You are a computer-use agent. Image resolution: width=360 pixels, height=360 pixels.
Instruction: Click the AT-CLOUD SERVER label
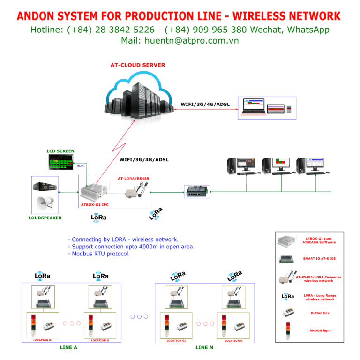pos(138,65)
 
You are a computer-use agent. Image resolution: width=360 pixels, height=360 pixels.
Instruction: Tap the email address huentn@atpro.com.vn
pos(192,41)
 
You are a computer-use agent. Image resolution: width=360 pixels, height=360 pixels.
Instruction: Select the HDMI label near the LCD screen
pos(80,165)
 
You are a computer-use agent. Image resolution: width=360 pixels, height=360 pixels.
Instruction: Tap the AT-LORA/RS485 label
pos(133,179)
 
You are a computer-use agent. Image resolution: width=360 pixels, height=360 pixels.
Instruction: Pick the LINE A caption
pos(68,347)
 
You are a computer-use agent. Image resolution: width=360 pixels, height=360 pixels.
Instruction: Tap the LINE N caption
pos(204,347)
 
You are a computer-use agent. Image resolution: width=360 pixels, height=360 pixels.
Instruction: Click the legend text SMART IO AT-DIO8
pos(319,258)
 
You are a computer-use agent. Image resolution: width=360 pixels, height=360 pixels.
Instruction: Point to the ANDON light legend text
pos(320,330)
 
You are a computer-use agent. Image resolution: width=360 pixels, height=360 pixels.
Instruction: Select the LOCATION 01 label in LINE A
pos(43,340)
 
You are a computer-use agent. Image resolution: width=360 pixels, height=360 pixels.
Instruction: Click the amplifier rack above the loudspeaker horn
pos(45,186)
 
